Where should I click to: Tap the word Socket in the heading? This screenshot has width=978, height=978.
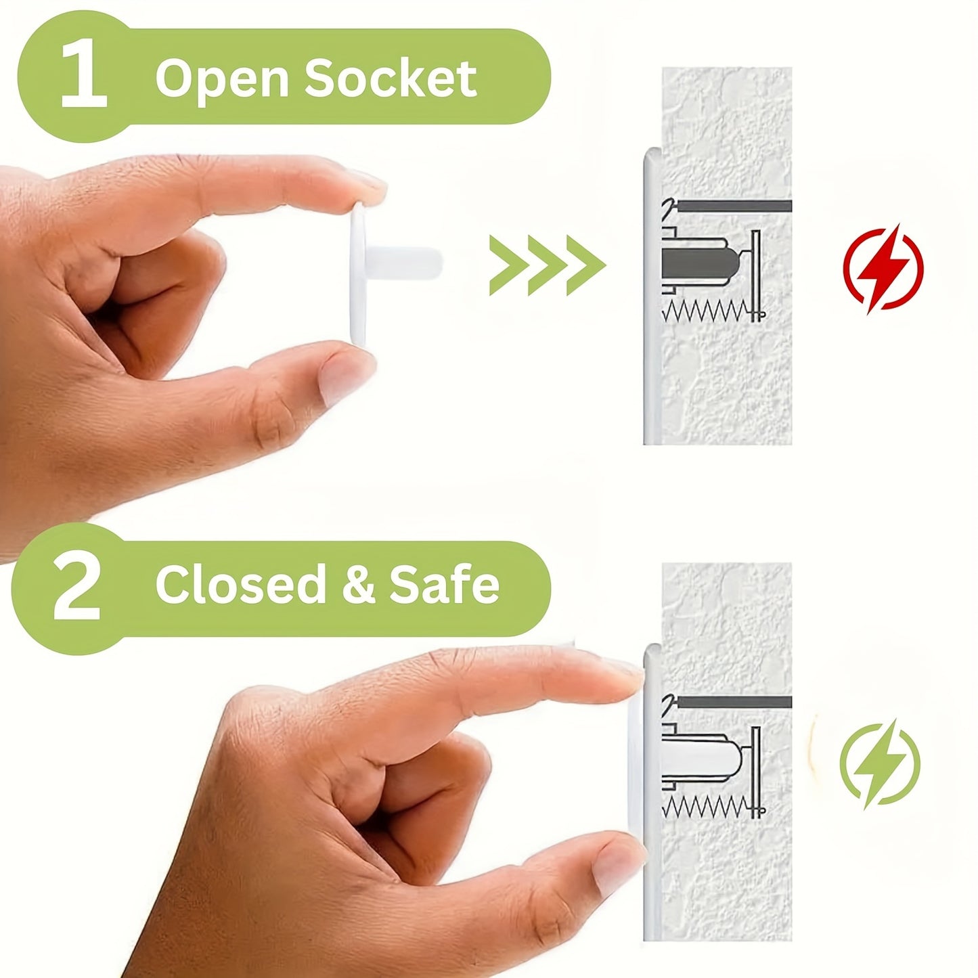pos(390,79)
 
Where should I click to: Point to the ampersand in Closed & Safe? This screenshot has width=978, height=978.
pos(358,585)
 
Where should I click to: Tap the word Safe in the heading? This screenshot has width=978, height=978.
pos(444,585)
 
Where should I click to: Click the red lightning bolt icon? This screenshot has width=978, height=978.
pos(883,268)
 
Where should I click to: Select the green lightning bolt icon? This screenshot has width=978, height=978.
pos(879,764)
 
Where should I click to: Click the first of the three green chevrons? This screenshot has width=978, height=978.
pos(508,265)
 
